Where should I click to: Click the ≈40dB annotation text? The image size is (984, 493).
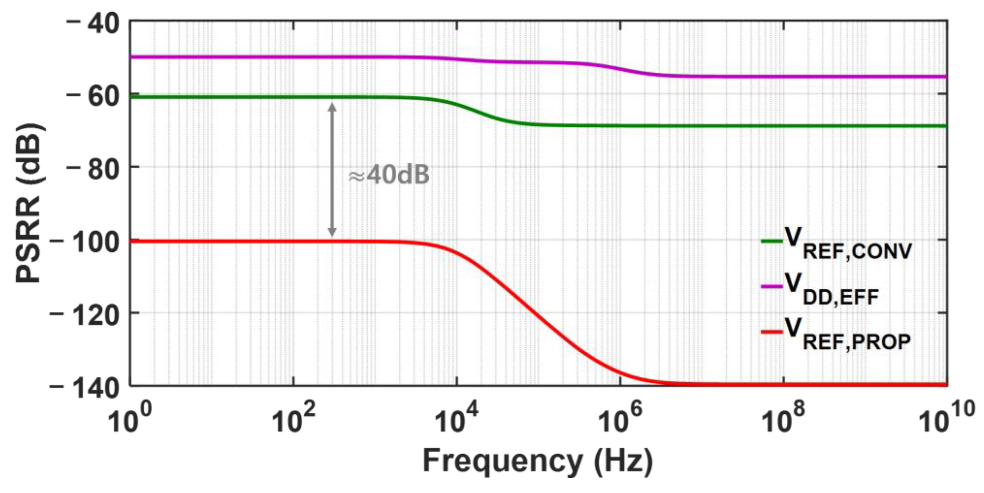pos(389,176)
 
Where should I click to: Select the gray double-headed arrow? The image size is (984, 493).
pos(332,170)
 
